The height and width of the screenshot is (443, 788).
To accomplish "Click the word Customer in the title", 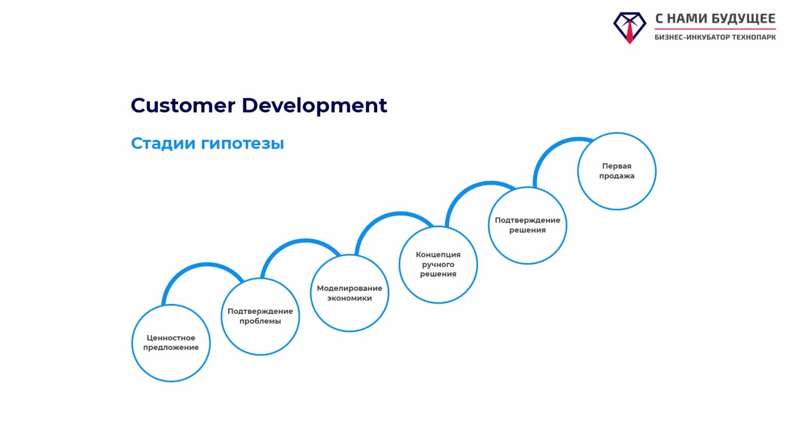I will point(183,105).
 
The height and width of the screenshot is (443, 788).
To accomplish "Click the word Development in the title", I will point(314,106).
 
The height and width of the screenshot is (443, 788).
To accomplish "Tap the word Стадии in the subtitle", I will point(163,143).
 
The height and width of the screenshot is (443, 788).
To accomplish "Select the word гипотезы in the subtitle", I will point(242,144).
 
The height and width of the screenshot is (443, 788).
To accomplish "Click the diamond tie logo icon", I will point(629,27).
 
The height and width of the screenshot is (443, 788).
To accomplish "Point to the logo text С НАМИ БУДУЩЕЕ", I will point(715,18).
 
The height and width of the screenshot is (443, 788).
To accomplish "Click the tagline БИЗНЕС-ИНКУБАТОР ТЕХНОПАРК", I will point(715,37).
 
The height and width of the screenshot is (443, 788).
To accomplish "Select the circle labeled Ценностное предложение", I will point(171,343).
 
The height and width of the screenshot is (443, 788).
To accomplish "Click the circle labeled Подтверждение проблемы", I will point(260,316).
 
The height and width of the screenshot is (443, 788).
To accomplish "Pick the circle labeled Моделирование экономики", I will point(349,293).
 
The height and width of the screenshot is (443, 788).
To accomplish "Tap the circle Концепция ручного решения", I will point(438,265).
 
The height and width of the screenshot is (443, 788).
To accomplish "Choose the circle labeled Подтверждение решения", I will point(527,225).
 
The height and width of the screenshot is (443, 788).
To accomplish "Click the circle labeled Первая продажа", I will point(617,171).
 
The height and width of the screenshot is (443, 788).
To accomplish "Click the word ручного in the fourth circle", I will point(438,265).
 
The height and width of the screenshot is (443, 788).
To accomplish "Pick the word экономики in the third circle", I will point(349,298).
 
